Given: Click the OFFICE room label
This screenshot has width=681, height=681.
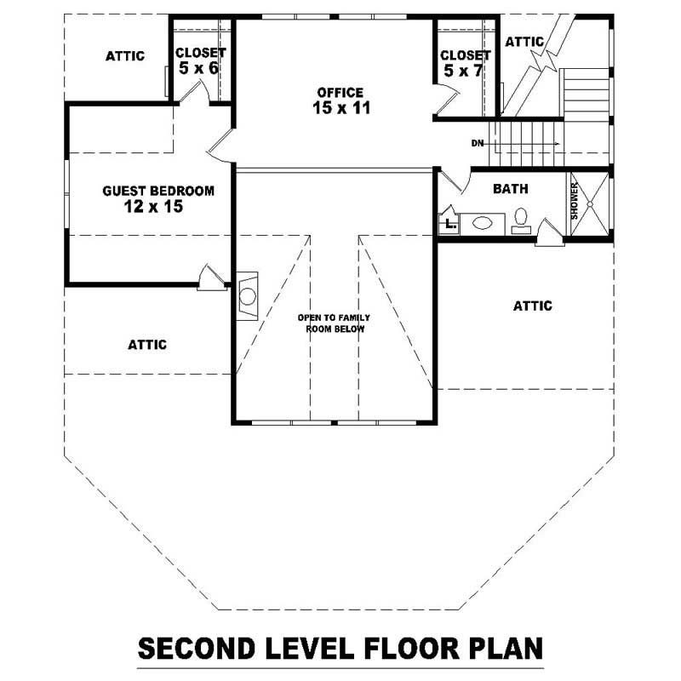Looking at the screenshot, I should [x=340, y=92].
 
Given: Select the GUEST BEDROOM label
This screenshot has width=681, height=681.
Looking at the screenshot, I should [x=158, y=191].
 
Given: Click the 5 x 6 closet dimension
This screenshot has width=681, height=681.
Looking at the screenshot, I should [x=201, y=67].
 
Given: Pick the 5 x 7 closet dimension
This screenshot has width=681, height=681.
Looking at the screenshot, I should [x=463, y=71].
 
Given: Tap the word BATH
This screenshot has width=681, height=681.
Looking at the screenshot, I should [x=511, y=189].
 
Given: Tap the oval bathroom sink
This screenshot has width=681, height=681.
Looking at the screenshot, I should [x=482, y=224].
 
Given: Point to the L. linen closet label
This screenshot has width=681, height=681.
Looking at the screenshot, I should [x=449, y=225].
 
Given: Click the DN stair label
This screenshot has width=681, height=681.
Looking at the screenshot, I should [x=477, y=144].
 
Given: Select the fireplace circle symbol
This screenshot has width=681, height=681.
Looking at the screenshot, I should [x=248, y=296].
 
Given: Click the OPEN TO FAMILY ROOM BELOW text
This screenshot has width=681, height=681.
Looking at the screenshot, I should [x=333, y=323].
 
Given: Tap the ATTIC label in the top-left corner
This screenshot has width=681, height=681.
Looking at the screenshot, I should [x=125, y=56].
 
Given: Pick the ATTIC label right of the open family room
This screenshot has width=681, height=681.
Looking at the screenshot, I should [x=533, y=306].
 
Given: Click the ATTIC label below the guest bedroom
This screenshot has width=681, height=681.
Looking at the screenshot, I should [x=147, y=345].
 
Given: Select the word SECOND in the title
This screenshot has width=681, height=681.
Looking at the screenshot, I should [x=198, y=649].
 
